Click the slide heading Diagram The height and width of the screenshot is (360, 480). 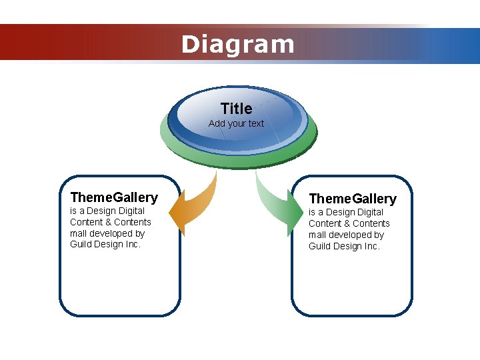[237, 45]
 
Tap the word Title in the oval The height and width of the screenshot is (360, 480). [236, 109]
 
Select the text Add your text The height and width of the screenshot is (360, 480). [236, 123]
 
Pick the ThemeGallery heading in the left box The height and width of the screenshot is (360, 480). [114, 197]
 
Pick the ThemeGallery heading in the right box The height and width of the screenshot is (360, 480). [353, 199]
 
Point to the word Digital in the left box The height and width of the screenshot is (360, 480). [131, 211]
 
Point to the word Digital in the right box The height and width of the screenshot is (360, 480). [370, 212]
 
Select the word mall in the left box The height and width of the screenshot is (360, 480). [79, 233]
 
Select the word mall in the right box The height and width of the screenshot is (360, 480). [317, 235]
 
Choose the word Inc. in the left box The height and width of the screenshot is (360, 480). [133, 245]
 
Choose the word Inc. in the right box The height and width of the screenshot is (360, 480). [371, 246]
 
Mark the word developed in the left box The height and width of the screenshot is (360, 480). [111, 233]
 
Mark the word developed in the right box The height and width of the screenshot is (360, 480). [349, 235]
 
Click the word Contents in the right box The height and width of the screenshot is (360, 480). [372, 223]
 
